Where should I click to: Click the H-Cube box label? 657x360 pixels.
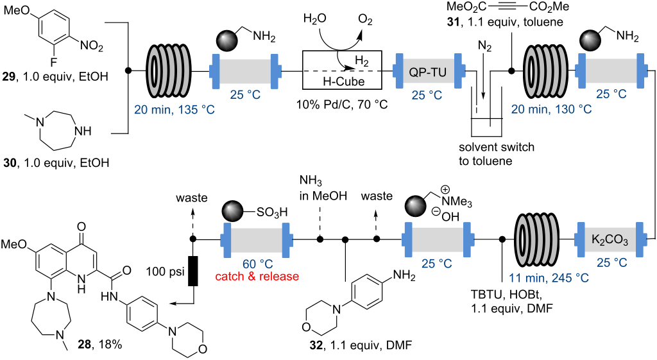click(x=341, y=81)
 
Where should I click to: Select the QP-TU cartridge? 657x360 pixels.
click(x=427, y=70)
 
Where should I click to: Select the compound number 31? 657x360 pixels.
click(x=456, y=22)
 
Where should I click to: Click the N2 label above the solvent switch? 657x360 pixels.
click(x=486, y=46)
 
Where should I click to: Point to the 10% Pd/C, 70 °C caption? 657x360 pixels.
click(x=341, y=104)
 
